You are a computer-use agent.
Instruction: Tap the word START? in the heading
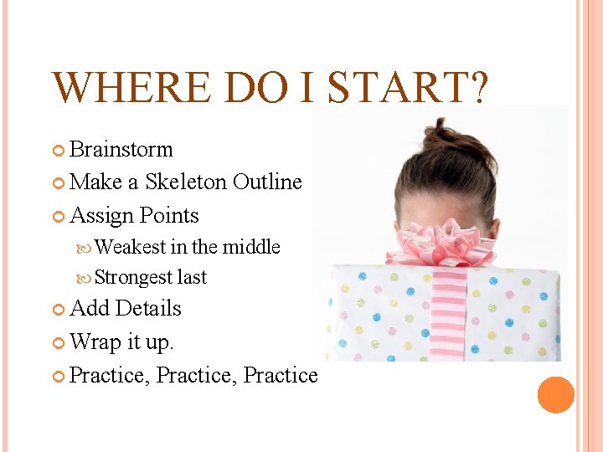point(406,88)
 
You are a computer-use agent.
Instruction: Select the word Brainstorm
point(121,150)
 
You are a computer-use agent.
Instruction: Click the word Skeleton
point(187,182)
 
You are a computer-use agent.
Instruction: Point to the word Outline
point(267,182)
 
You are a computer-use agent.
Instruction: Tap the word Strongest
point(134,277)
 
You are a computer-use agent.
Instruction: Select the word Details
point(148,308)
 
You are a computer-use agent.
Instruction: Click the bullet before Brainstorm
point(59,151)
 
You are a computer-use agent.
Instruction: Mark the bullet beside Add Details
point(59,310)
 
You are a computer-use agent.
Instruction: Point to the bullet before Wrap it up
point(59,342)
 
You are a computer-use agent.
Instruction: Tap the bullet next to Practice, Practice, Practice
point(59,376)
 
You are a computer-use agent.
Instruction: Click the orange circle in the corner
point(555,395)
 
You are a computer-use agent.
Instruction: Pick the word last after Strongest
point(192,277)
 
